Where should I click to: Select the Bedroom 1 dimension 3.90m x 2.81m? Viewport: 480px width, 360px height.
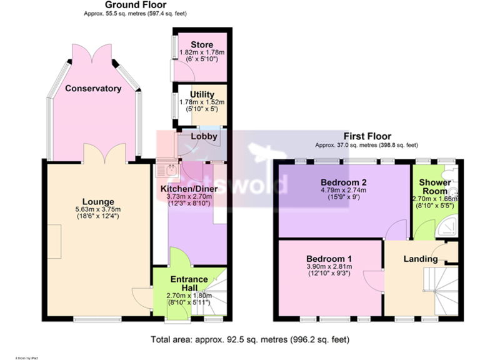point(329,267)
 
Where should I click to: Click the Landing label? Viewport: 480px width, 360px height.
point(420,259)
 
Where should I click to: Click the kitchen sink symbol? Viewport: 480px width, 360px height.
point(169,167)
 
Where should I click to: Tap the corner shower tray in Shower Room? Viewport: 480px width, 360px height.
point(451,228)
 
